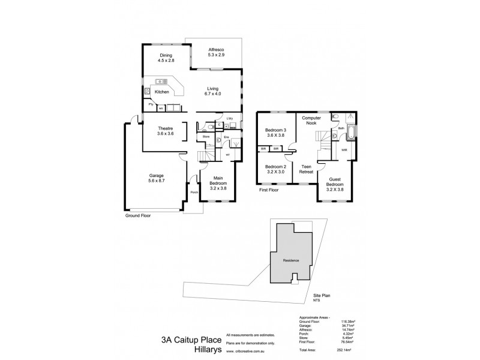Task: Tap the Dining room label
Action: [157, 55]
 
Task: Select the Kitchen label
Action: [162, 92]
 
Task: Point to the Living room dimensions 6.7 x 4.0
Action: [213, 94]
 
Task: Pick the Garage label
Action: [157, 176]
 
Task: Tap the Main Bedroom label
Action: [217, 182]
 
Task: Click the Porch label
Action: [193, 192]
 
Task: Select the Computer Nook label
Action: [312, 121]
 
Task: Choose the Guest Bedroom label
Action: [337, 182]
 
